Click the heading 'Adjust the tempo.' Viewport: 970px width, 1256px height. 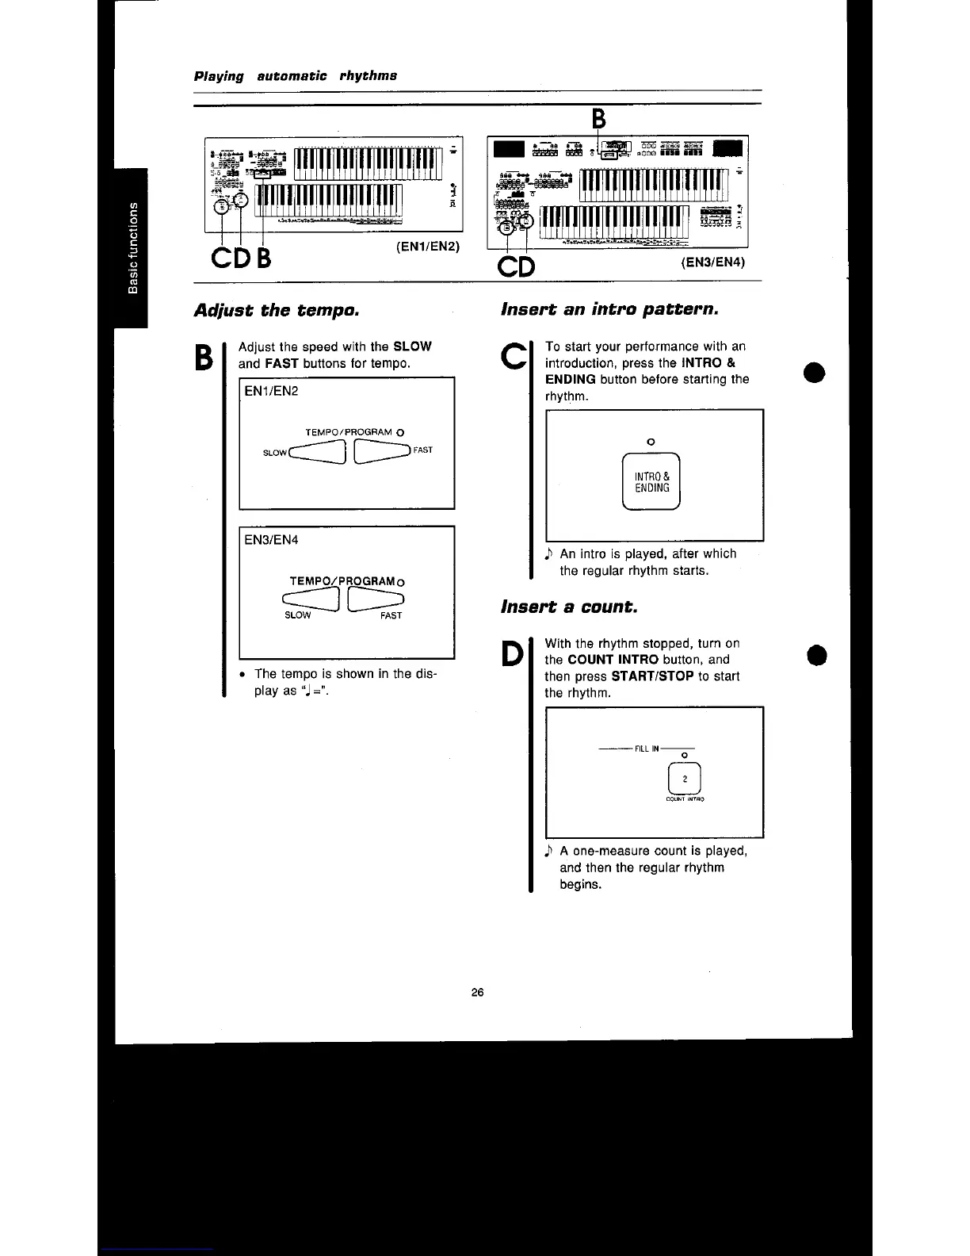pyautogui.click(x=277, y=310)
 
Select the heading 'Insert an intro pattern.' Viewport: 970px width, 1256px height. pyautogui.click(x=609, y=309)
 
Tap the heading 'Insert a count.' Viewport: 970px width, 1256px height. pyautogui.click(x=568, y=607)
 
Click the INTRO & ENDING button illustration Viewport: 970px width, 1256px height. pyautogui.click(x=651, y=482)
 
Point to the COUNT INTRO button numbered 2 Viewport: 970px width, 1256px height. pyautogui.click(x=685, y=778)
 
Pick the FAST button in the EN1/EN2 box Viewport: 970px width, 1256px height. pyautogui.click(x=382, y=450)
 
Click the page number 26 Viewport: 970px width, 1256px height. pyautogui.click(x=477, y=993)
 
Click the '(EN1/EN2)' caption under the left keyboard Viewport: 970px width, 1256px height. pyautogui.click(x=428, y=246)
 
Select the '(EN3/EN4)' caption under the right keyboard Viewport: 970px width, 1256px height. pyautogui.click(x=713, y=261)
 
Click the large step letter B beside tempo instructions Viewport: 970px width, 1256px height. pyautogui.click(x=204, y=356)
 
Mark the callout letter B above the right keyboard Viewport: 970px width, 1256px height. pyautogui.click(x=599, y=119)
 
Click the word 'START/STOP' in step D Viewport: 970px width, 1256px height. pyautogui.click(x=652, y=676)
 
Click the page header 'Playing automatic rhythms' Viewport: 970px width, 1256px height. pyautogui.click(x=296, y=76)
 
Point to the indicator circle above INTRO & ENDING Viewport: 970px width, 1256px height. pyautogui.click(x=651, y=441)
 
